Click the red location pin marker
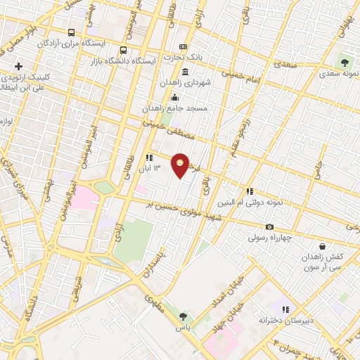pos(181,165)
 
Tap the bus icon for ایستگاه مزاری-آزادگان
pos(71,32)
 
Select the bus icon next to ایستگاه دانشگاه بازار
pos(124,50)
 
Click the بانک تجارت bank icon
pos(184,46)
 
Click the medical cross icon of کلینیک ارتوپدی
pos(18,66)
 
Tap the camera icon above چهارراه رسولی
pos(269,226)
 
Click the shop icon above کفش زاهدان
pos(322,246)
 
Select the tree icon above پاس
pos(184,316)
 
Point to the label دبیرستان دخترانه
pos(283,320)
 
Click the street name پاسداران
pos(155,263)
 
